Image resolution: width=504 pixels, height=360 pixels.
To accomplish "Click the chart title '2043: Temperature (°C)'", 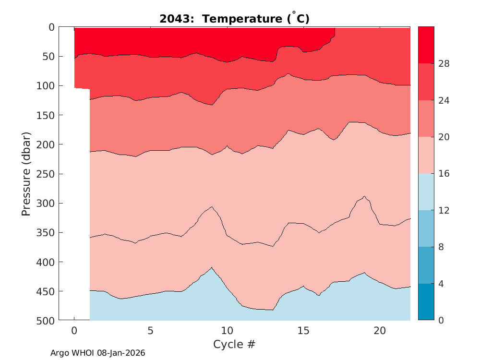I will (x=234, y=19).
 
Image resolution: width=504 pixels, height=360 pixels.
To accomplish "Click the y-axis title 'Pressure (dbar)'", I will (x=26, y=173).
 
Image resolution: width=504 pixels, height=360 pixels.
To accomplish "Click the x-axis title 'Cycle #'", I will (x=234, y=344).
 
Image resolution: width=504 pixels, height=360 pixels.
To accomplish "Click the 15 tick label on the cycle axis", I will (x=303, y=331).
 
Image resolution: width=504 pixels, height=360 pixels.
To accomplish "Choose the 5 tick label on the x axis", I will (x=151, y=331).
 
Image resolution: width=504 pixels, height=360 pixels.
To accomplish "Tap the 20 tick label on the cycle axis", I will (x=380, y=331).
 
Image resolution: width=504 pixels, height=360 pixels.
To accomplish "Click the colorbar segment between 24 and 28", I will (x=426, y=82).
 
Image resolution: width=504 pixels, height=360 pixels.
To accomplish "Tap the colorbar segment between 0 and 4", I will (x=426, y=302).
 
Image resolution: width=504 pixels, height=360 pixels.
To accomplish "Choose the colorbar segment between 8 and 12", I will (x=426, y=228).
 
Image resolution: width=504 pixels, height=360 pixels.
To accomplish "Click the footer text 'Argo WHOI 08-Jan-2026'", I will (x=98, y=353).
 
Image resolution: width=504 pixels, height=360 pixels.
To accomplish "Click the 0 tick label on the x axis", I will (x=74, y=331).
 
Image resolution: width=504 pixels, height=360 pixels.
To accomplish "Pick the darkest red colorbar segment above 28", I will (x=426, y=45).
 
